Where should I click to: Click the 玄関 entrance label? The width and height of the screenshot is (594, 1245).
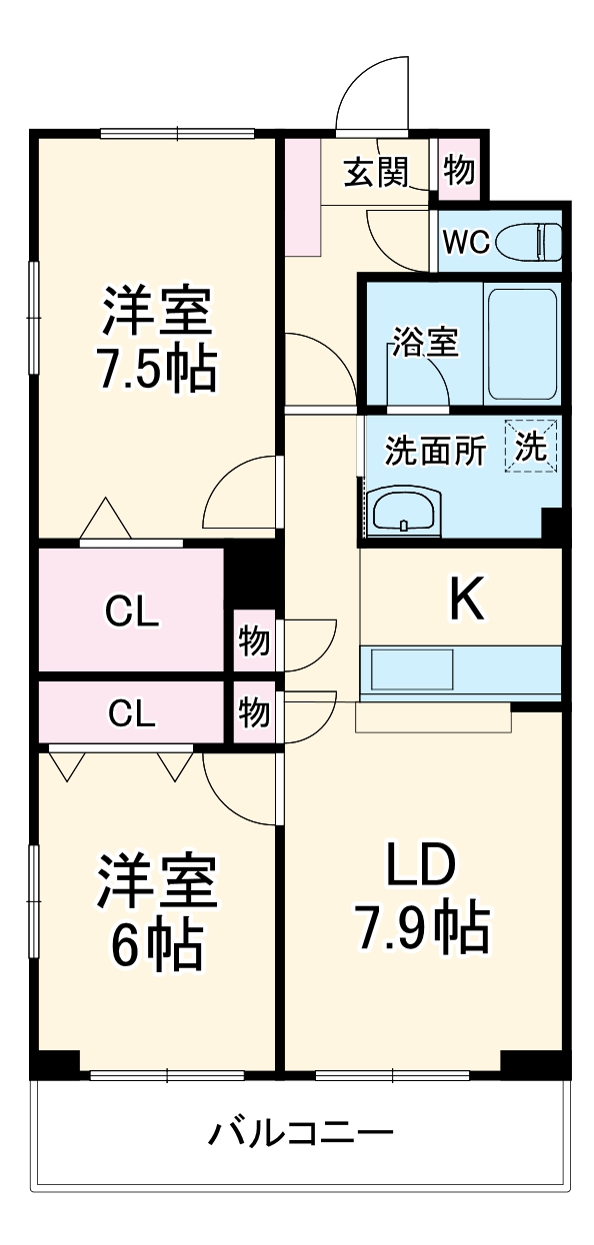click(x=377, y=173)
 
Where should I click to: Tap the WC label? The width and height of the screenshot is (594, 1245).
click(x=465, y=243)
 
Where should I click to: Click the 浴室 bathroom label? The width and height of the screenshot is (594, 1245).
click(x=424, y=343)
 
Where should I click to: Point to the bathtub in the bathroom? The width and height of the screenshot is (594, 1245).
click(x=521, y=346)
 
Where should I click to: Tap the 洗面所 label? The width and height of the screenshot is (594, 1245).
click(x=436, y=452)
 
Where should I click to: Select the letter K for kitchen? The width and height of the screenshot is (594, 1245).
click(x=465, y=600)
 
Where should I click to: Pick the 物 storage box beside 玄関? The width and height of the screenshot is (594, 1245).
click(x=459, y=171)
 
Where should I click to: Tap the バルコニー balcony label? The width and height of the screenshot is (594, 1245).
click(x=300, y=1133)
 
